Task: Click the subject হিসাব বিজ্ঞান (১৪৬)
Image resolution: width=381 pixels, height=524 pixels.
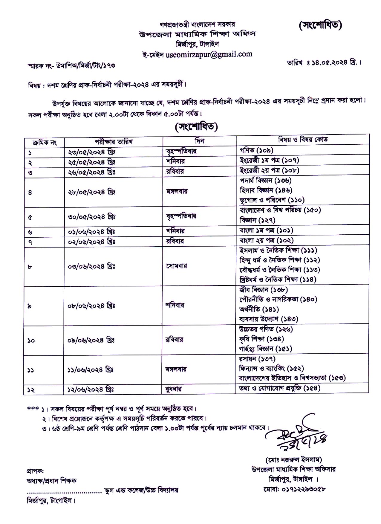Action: point(266,190)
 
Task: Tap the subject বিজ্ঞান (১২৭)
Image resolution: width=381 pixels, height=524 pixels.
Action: point(257,220)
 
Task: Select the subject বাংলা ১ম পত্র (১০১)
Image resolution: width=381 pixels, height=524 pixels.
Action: point(266,230)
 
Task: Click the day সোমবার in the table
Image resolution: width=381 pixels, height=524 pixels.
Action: point(177,266)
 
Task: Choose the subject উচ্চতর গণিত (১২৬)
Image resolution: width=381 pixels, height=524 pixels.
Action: point(266,329)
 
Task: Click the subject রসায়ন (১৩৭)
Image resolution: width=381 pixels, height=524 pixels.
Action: point(257,359)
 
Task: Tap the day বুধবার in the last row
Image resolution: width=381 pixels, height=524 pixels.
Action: point(174,389)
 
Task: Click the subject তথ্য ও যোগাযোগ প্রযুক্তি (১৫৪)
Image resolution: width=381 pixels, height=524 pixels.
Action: point(280,388)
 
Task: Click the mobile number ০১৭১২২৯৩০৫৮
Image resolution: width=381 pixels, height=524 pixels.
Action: point(294,489)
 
